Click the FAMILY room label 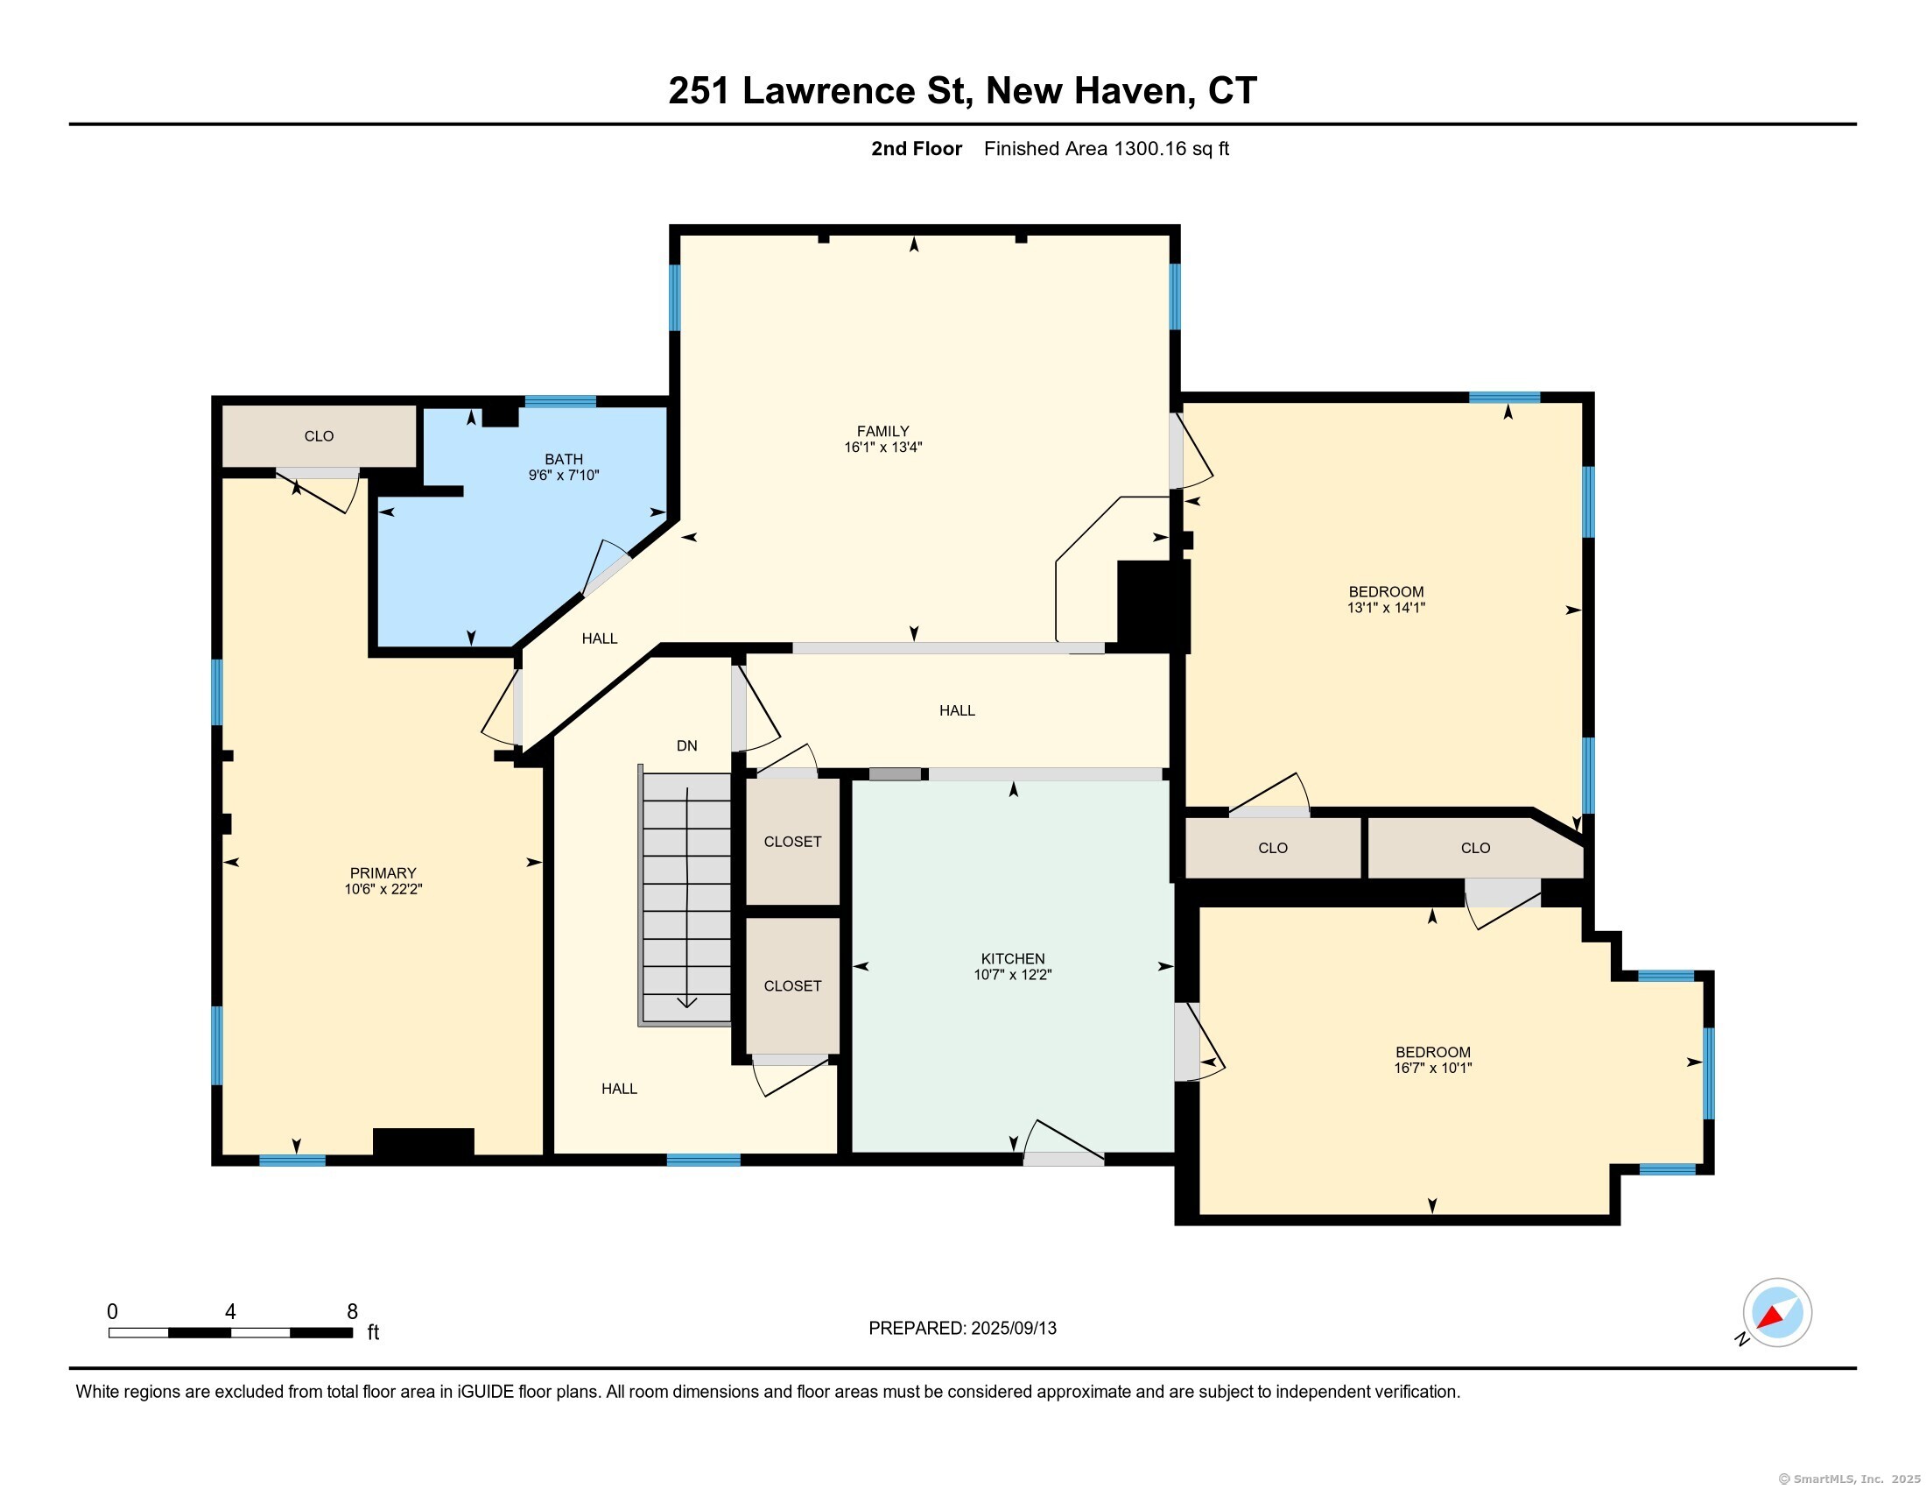pos(882,431)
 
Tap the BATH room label pos(564,460)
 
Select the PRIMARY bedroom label pos(383,873)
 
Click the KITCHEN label pos(1012,959)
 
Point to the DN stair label pos(687,746)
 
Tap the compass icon pos(1777,1313)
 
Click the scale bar pos(230,1333)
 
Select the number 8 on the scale pos(352,1312)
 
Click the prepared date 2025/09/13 pos(1013,1329)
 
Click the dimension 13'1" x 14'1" pos(1386,608)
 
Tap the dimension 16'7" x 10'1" pos(1432,1069)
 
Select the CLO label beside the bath pos(319,437)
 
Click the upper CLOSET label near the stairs pos(792,843)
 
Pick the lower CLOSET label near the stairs pos(792,986)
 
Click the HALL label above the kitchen pos(957,711)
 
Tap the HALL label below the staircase pos(619,1090)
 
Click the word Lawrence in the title pos(829,91)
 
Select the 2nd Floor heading pos(917,149)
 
